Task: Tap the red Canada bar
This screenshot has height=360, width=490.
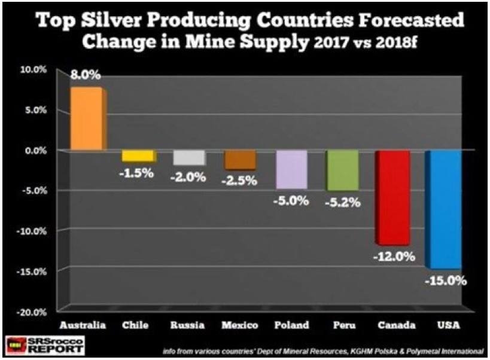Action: point(393,197)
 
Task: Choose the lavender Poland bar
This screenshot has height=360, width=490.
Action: point(291,169)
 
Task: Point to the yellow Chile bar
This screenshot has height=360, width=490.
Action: point(139,155)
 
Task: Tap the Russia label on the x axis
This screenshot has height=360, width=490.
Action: point(188,325)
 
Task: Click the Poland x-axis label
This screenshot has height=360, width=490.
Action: point(291,325)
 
